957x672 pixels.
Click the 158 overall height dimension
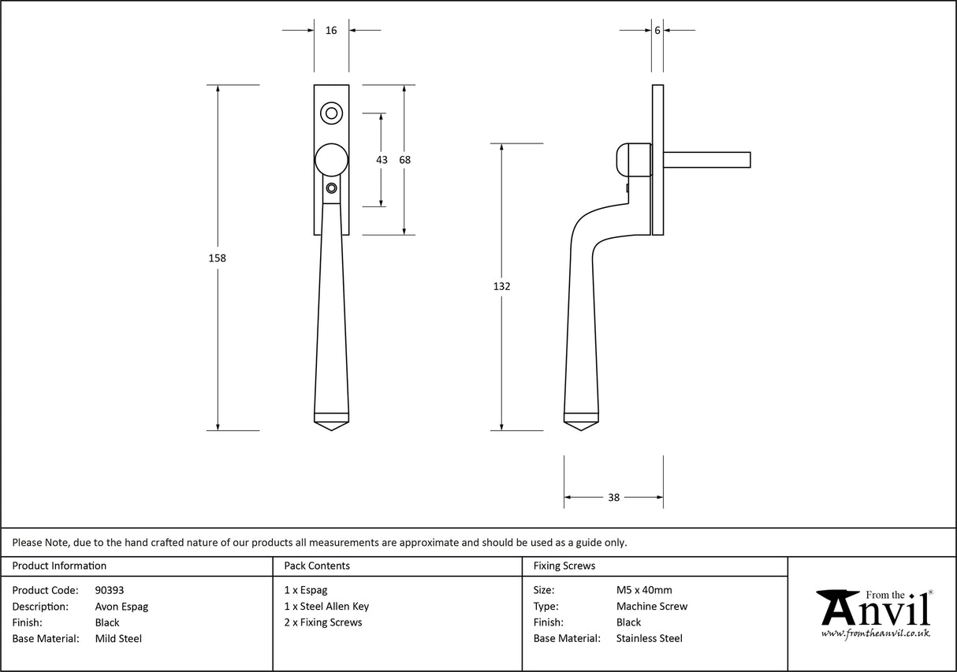pos(218,258)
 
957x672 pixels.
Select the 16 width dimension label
pos(331,31)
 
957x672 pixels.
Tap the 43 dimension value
pos(382,160)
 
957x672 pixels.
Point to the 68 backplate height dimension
pos(404,160)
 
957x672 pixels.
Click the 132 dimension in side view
pos(501,287)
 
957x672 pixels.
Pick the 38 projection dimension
pos(613,497)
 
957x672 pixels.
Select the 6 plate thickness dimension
pos(657,31)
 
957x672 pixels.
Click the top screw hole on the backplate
pos(332,114)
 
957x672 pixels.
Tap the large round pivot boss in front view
pos(332,160)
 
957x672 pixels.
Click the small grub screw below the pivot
pos(332,188)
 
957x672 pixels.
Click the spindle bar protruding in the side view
pos(707,160)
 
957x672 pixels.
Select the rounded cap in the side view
pos(631,160)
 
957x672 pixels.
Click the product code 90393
pos(109,590)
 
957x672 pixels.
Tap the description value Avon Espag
pos(121,607)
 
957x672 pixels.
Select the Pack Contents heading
pos(317,566)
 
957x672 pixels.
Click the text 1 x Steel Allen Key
pos(326,607)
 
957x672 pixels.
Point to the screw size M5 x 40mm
pos(644,590)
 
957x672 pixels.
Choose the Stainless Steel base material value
pos(649,639)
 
